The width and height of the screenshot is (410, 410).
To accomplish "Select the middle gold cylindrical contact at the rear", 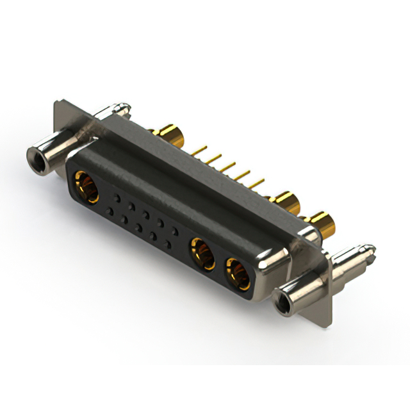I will [x=287, y=203].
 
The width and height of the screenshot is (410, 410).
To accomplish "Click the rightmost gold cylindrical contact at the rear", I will [x=322, y=224].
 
